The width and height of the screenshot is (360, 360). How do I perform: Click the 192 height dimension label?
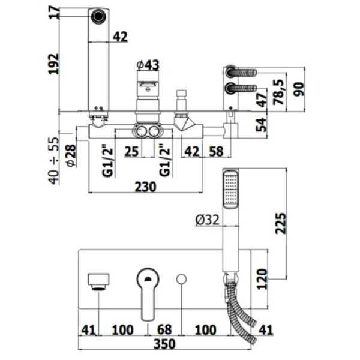tap(54, 63)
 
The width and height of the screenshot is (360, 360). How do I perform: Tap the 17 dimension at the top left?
tap(54, 13)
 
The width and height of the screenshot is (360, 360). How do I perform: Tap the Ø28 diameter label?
tap(70, 154)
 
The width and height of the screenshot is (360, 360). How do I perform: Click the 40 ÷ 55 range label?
tap(54, 160)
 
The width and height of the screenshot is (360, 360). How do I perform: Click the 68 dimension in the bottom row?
tap(164, 329)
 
